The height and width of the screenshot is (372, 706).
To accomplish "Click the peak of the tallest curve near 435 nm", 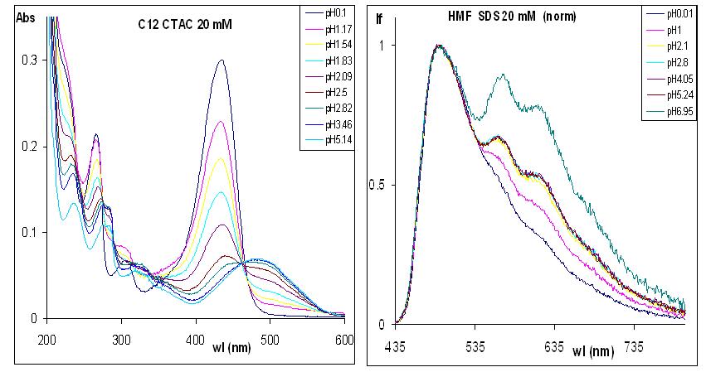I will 221,60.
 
